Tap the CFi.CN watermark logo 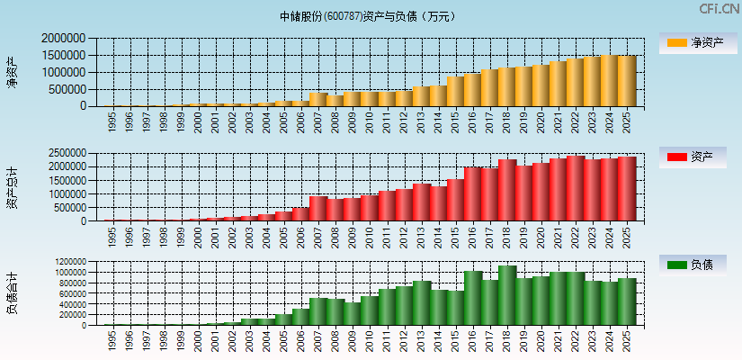[720, 9]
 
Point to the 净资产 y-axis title [12, 72]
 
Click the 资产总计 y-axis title [12, 187]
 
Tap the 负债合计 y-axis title [12, 293]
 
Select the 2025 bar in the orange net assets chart [627, 81]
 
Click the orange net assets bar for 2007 [318, 99]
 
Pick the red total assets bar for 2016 [473, 193]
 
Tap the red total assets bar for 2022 [576, 188]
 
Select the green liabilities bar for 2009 [353, 313]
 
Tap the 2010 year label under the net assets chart [370, 121]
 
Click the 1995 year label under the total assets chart [112, 237]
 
